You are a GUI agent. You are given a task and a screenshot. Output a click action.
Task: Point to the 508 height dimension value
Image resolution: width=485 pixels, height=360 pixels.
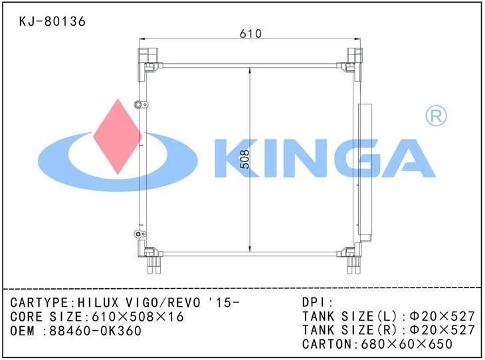244,158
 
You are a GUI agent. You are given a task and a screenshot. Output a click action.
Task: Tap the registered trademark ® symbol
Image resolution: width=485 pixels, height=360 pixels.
435,117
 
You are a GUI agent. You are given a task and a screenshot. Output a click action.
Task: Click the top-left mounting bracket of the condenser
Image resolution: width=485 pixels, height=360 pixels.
147,58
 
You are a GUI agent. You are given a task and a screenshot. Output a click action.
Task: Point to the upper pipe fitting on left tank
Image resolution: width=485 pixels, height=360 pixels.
140,104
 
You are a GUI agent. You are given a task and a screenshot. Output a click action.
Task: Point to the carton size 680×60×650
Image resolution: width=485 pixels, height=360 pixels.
407,344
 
